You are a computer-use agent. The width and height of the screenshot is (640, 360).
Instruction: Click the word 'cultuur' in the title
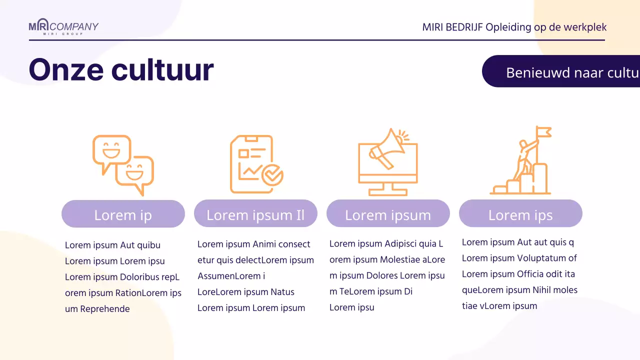[x=162, y=70]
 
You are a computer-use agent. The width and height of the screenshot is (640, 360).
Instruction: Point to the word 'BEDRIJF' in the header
[x=463, y=27]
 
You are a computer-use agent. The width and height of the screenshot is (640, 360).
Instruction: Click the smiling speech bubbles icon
[x=123, y=164]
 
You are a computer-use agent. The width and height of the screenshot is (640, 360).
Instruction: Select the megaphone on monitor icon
[x=388, y=162]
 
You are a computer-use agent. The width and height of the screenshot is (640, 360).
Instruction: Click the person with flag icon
[x=520, y=160]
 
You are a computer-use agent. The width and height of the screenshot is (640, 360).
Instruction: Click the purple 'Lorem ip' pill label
[x=123, y=214]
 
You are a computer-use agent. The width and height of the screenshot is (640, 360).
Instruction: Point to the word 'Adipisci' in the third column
[x=402, y=244]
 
